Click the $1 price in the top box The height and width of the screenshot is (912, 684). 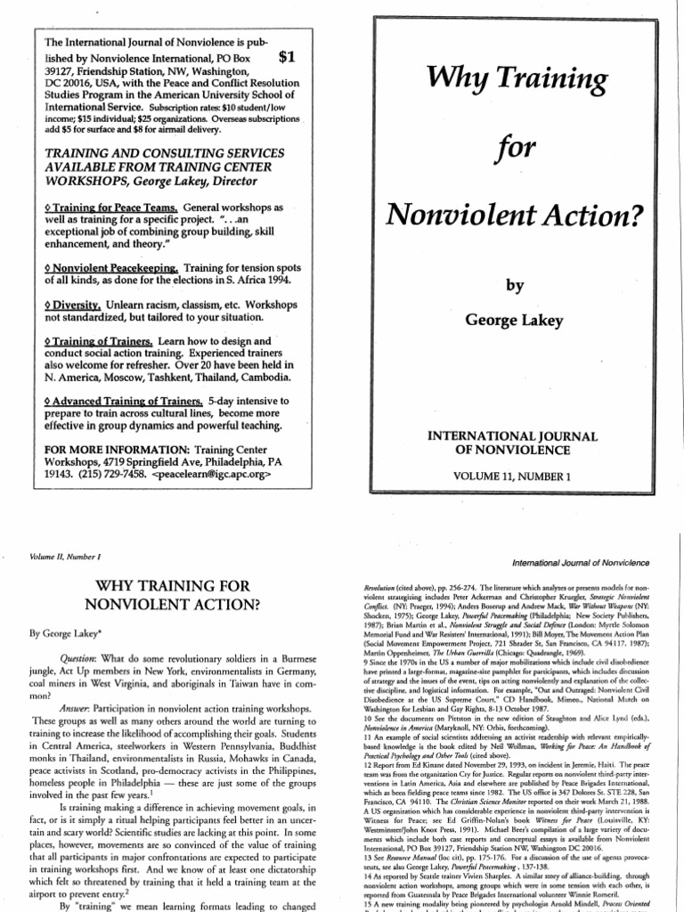point(288,58)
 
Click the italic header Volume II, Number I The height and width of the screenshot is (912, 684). point(67,557)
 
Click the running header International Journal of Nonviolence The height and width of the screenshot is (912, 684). point(578,564)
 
